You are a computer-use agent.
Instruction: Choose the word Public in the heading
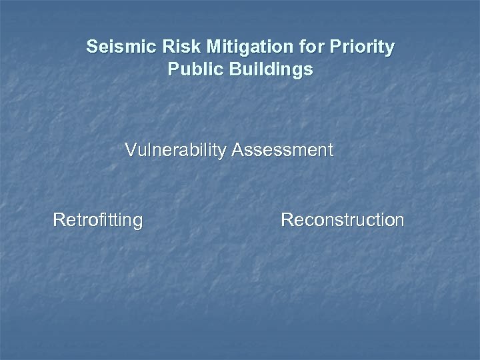click(x=190, y=69)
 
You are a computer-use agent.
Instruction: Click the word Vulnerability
click(x=176, y=150)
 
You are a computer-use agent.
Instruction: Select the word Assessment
click(x=283, y=150)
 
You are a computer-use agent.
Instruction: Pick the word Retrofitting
click(x=97, y=219)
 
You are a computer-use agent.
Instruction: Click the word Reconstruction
click(x=343, y=219)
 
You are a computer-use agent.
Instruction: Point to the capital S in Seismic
click(x=91, y=48)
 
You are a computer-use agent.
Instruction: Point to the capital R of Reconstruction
click(x=287, y=219)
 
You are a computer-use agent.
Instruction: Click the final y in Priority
click(x=390, y=50)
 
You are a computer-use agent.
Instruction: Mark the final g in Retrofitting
click(x=137, y=222)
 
